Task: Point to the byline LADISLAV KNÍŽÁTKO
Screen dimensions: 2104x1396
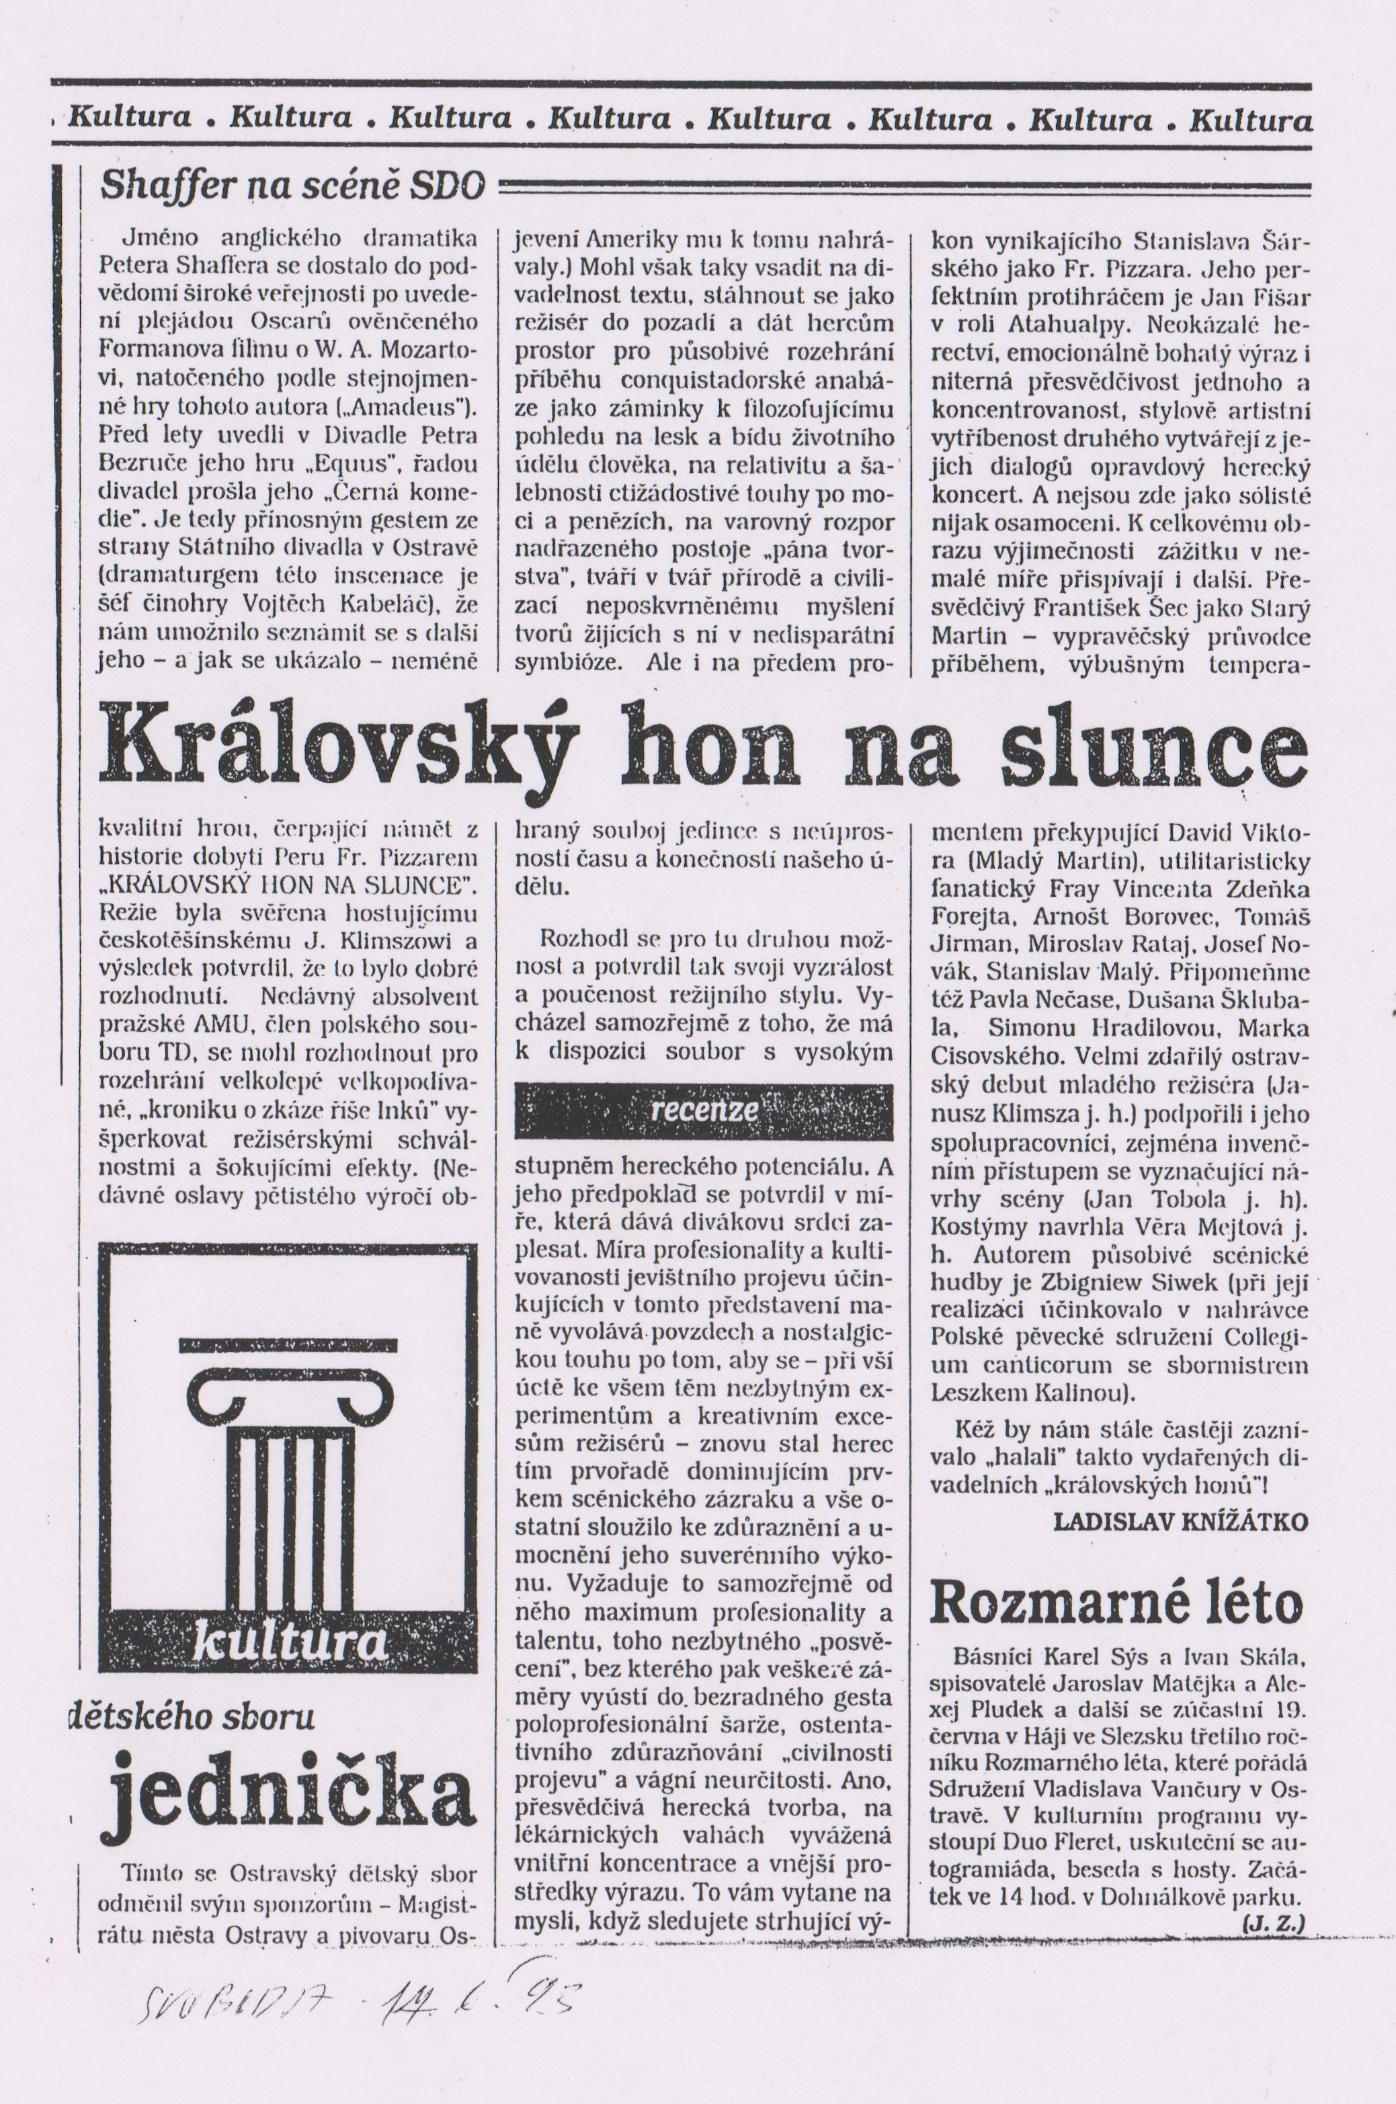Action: (1180, 1521)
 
